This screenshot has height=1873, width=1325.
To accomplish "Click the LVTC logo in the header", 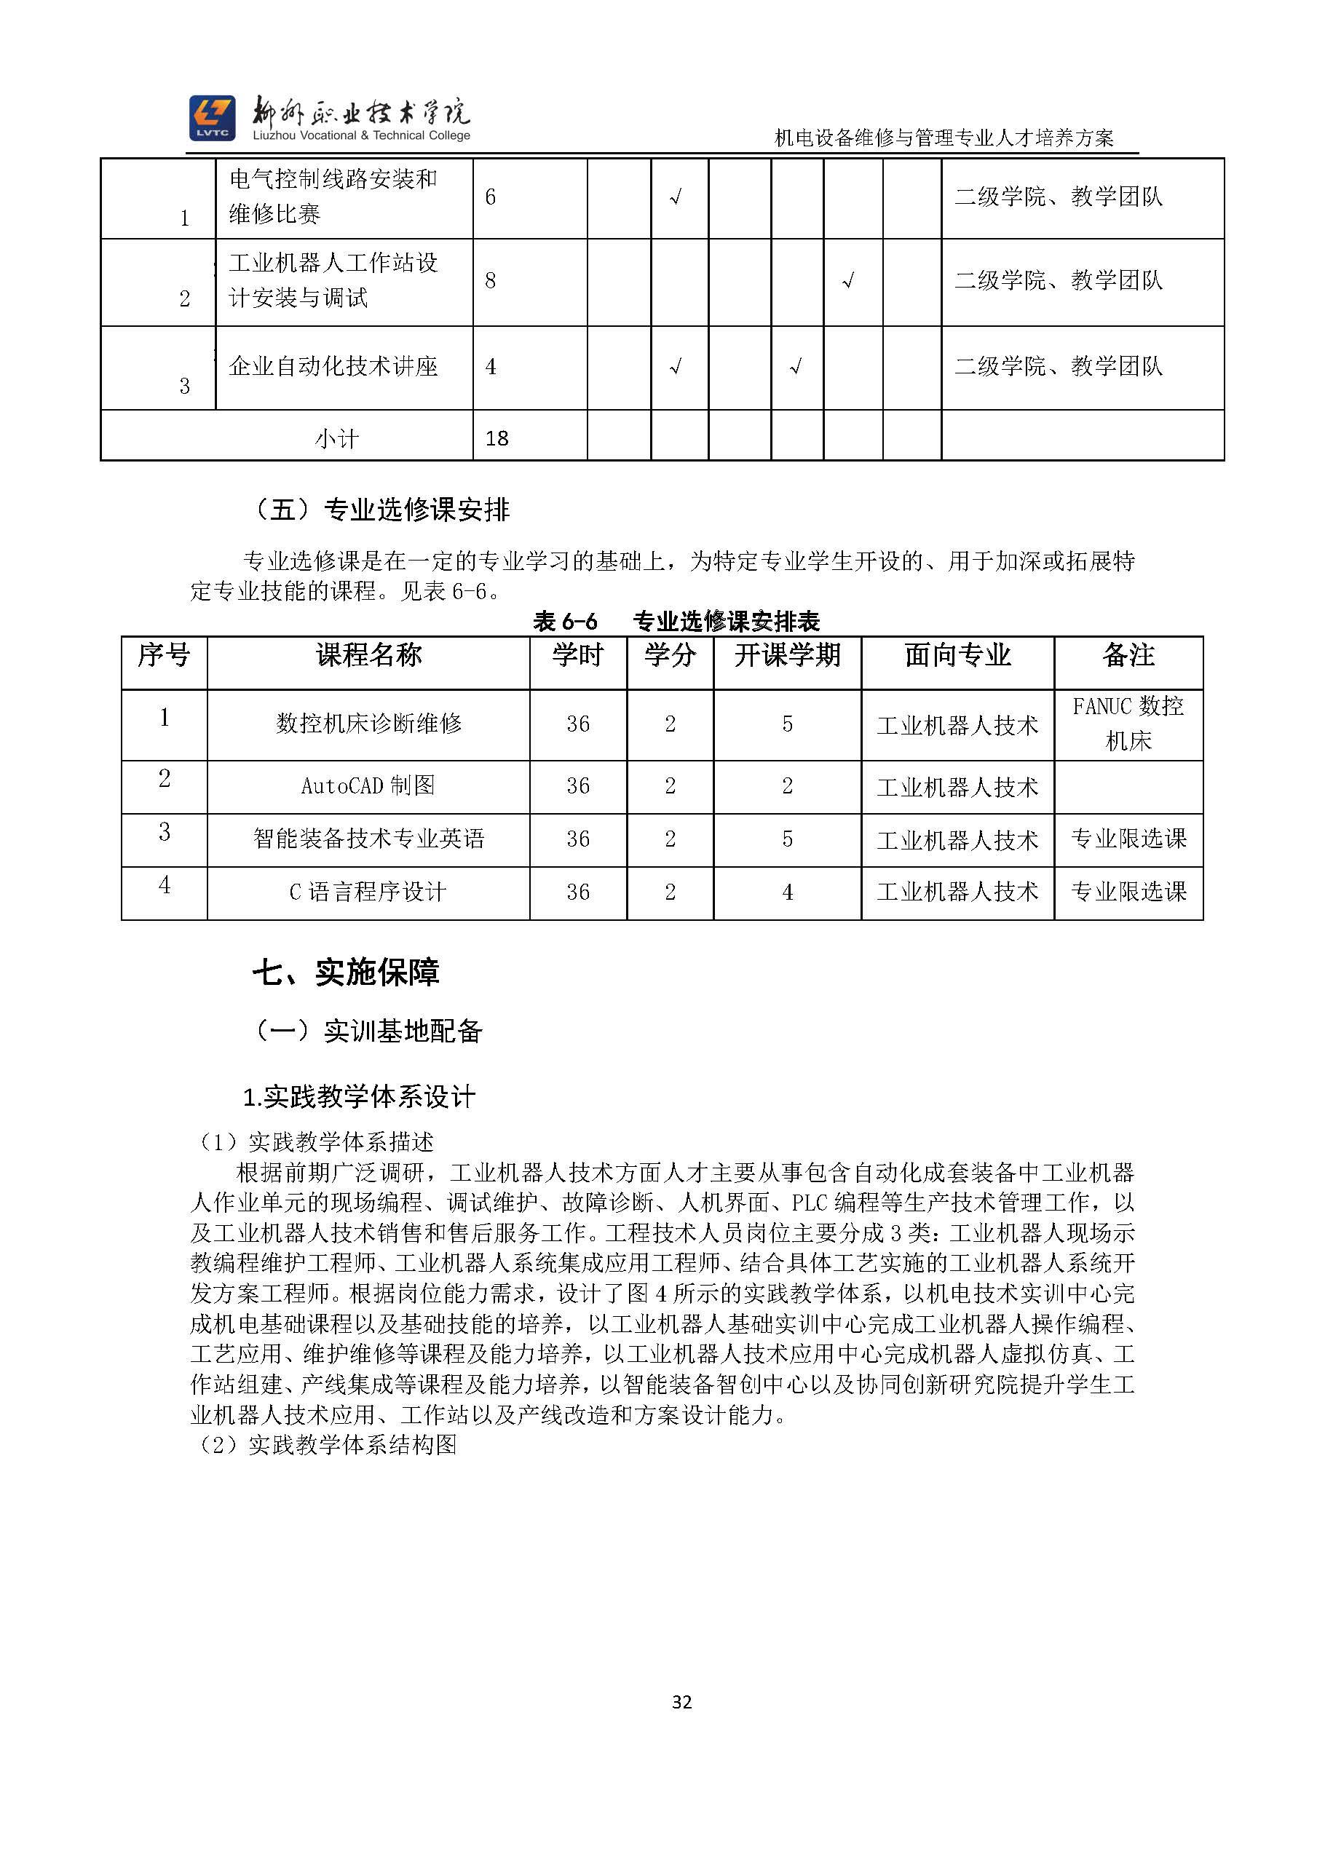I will coord(212,117).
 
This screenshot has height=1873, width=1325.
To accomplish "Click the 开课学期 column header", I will coord(786,655).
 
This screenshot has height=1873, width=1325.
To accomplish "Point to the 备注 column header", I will coord(1128,655).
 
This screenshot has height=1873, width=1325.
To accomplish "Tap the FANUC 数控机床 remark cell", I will coord(1128,724).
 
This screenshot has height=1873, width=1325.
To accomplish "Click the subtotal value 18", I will coord(497,439).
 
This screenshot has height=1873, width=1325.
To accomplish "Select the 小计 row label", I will coord(336,439).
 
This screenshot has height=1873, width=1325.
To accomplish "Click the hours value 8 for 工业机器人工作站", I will coord(491,282).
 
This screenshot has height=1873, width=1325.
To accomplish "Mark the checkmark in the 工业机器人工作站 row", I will coord(849,282).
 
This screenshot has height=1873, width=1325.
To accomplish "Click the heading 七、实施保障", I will coord(346,973).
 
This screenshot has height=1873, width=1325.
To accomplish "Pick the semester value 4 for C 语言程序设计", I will coord(786,892).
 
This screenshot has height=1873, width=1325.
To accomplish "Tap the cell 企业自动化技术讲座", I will coord(333,366).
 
